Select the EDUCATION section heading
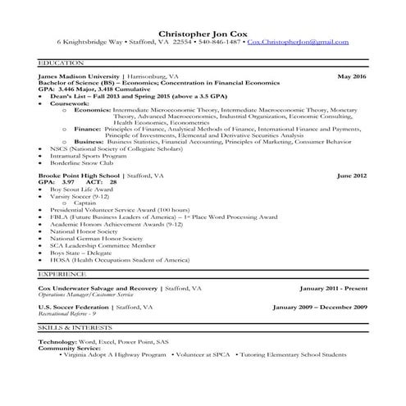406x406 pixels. coord(61,62)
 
